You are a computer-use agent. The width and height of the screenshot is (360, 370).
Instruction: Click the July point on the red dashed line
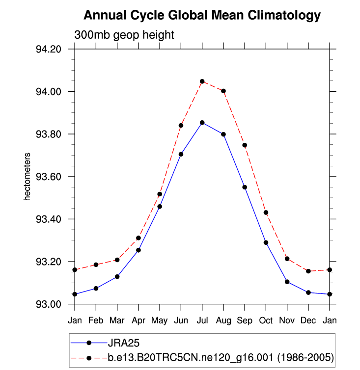pyautogui.click(x=202, y=81)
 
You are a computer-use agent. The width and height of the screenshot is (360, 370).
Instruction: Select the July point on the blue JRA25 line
pyautogui.click(x=202, y=122)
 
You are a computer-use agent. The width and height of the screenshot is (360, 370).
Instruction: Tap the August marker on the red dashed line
pyautogui.click(x=223, y=91)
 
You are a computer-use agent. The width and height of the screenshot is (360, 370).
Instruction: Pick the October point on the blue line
pyautogui.click(x=266, y=242)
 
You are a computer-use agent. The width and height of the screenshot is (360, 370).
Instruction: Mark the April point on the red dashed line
pyautogui.click(x=138, y=238)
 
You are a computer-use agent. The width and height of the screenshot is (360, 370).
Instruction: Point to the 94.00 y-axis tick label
pyautogui.click(x=48, y=92)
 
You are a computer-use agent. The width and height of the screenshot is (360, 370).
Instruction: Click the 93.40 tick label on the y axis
pyautogui.click(x=48, y=219)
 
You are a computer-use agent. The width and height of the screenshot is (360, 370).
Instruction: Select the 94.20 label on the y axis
pyautogui.click(x=48, y=50)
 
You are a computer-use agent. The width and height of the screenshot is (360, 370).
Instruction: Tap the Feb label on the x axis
pyautogui.click(x=96, y=320)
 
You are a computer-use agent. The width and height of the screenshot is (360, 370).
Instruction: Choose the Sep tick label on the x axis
pyautogui.click(x=245, y=320)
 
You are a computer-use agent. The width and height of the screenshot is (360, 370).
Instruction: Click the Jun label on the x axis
pyautogui.click(x=181, y=320)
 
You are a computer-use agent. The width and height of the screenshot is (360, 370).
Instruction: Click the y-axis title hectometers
pyautogui.click(x=28, y=177)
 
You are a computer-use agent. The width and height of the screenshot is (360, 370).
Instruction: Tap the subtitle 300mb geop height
pyautogui.click(x=124, y=35)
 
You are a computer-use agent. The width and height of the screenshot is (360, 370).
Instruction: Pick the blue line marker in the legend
pyautogui.click(x=89, y=343)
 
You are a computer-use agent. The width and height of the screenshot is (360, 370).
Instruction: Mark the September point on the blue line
pyautogui.click(x=245, y=187)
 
